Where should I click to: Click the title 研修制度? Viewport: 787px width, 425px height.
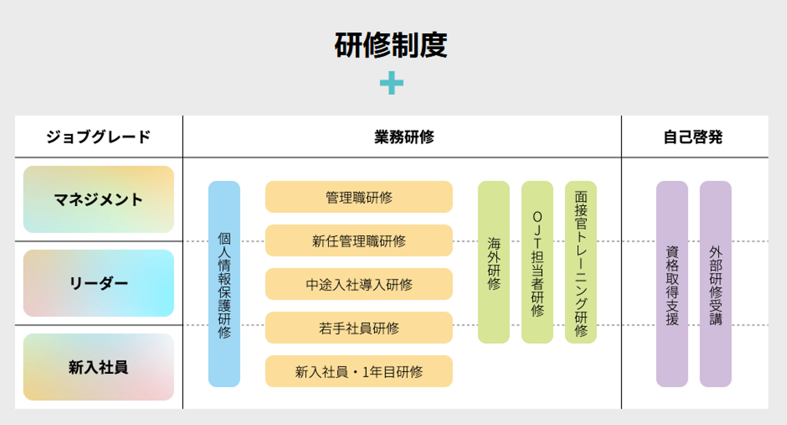coord(391,45)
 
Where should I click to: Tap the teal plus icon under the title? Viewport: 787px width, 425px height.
coord(391,83)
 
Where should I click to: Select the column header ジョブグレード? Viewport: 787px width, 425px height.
coord(98,137)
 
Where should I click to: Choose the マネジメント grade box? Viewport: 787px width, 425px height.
coord(98,200)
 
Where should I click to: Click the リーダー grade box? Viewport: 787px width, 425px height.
coord(98,283)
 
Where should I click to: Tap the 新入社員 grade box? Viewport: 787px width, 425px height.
coord(98,367)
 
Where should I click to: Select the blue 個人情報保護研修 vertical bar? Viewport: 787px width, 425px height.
coord(224,284)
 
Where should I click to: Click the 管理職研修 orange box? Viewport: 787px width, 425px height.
coord(359,197)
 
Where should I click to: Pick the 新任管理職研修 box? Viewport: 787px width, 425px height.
coord(359,241)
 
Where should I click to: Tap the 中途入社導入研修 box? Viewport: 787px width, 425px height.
coord(359,284)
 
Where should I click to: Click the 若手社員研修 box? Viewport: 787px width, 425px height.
coord(359,328)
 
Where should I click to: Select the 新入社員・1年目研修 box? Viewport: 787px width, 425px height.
coord(359,372)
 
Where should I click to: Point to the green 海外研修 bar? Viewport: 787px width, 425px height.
coord(494,263)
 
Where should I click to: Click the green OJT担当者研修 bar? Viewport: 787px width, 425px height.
coord(537,263)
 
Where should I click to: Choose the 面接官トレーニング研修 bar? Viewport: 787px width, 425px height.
coord(580,263)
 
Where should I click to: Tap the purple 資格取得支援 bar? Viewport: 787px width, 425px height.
coord(672,284)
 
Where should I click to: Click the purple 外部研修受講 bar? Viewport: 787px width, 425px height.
coord(715,284)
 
